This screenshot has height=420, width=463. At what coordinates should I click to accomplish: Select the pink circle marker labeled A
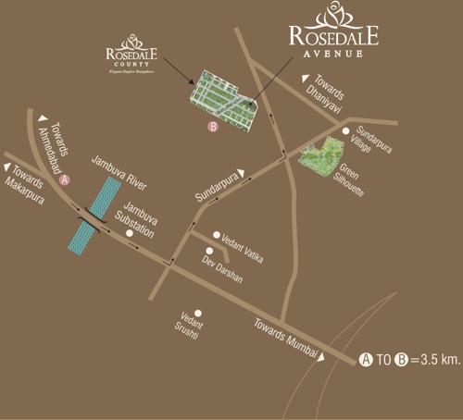64,182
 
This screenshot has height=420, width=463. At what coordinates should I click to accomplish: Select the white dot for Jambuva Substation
130,234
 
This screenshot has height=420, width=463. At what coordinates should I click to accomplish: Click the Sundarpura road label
219,184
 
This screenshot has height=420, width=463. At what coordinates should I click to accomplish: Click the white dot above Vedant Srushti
198,313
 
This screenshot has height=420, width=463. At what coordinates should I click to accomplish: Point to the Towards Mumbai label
285,338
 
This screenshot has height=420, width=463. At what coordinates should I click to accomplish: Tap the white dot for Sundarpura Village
345,131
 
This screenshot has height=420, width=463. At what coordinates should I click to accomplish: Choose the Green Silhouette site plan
321,157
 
